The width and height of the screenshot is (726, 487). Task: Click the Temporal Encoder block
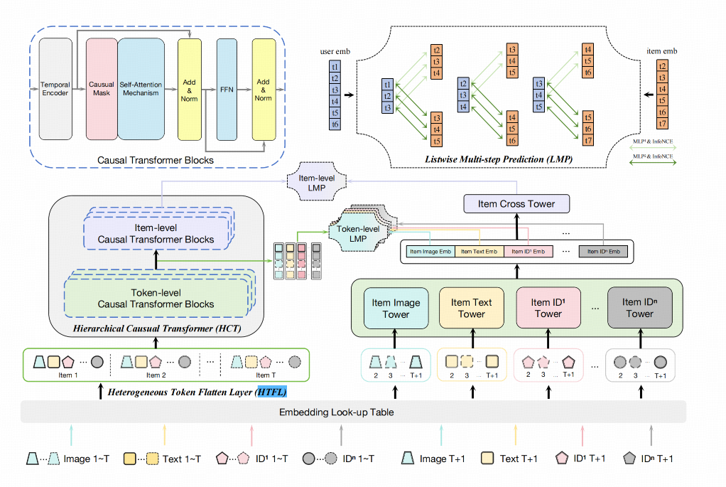point(55,89)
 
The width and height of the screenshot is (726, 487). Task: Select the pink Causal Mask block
point(102,89)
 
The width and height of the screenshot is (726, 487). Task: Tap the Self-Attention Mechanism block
point(141,89)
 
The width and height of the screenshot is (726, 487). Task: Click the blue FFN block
point(226,89)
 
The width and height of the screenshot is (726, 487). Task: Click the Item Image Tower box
point(396,308)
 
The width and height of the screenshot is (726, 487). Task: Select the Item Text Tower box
point(471,308)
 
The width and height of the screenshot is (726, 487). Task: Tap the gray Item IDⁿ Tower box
point(639,308)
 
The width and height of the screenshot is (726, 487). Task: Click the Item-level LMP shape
point(318,183)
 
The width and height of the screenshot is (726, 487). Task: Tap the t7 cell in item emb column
point(662,124)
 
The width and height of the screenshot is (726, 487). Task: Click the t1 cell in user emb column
point(335,67)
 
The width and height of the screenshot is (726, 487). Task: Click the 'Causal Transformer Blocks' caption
point(155,161)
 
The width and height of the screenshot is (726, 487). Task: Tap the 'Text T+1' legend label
point(516,459)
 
